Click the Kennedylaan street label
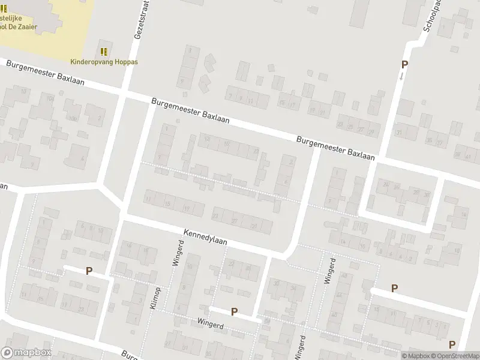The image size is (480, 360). point(206,236)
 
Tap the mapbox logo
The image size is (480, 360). point(26,353)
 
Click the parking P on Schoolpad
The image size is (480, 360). point(404,65)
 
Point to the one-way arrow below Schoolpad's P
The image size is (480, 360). point(401,76)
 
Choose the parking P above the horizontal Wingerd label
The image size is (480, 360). point(234,311)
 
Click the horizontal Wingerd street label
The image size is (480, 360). point(210,323)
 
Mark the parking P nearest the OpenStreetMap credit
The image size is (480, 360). point(452,344)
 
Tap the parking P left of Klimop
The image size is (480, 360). point(89,271)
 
